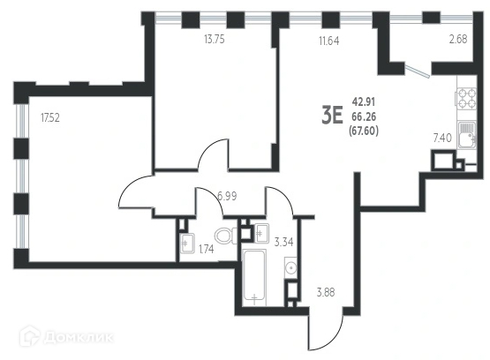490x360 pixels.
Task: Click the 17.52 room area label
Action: pyautogui.click(x=50, y=118)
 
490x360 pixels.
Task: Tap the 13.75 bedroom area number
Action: pyautogui.click(x=215, y=40)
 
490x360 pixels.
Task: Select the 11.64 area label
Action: pyautogui.click(x=329, y=41)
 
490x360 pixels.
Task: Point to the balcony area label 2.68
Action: pyautogui.click(x=458, y=40)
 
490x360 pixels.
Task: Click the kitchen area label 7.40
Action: pyautogui.click(x=442, y=138)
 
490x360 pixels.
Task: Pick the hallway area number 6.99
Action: pyautogui.click(x=227, y=196)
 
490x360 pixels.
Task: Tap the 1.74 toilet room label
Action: pyautogui.click(x=207, y=249)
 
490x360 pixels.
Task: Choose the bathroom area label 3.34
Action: pyautogui.click(x=283, y=242)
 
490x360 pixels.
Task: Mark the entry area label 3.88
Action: pyautogui.click(x=326, y=293)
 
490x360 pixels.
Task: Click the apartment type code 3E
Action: pyautogui.click(x=333, y=116)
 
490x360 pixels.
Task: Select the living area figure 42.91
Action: pyautogui.click(x=364, y=101)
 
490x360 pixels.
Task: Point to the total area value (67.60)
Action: pyautogui.click(x=364, y=131)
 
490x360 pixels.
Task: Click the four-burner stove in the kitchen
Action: pyautogui.click(x=466, y=98)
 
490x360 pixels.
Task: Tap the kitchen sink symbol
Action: pyautogui.click(x=467, y=135)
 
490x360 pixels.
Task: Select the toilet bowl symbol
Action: pyautogui.click(x=226, y=235)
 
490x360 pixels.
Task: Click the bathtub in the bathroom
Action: pyautogui.click(x=254, y=277)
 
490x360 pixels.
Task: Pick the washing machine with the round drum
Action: pyautogui.click(x=291, y=267)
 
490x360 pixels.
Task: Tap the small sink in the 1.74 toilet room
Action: pyautogui.click(x=187, y=243)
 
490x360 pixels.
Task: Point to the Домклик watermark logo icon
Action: pyautogui.click(x=30, y=336)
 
